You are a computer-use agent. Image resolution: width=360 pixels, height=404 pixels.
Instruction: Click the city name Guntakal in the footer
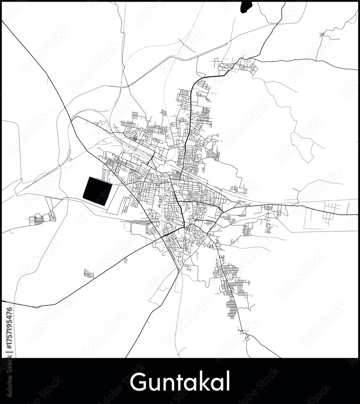click(180, 381)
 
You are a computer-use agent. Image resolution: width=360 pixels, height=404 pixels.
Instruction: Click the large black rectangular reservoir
click(97, 191)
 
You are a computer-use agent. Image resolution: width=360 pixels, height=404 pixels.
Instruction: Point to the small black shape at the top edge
click(246, 6)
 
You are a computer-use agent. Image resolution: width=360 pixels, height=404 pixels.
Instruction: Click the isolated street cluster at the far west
click(39, 219)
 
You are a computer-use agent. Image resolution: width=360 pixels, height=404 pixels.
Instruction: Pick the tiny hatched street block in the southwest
click(88, 274)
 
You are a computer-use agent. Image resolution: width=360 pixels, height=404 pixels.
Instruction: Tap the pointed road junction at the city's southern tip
click(179, 270)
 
